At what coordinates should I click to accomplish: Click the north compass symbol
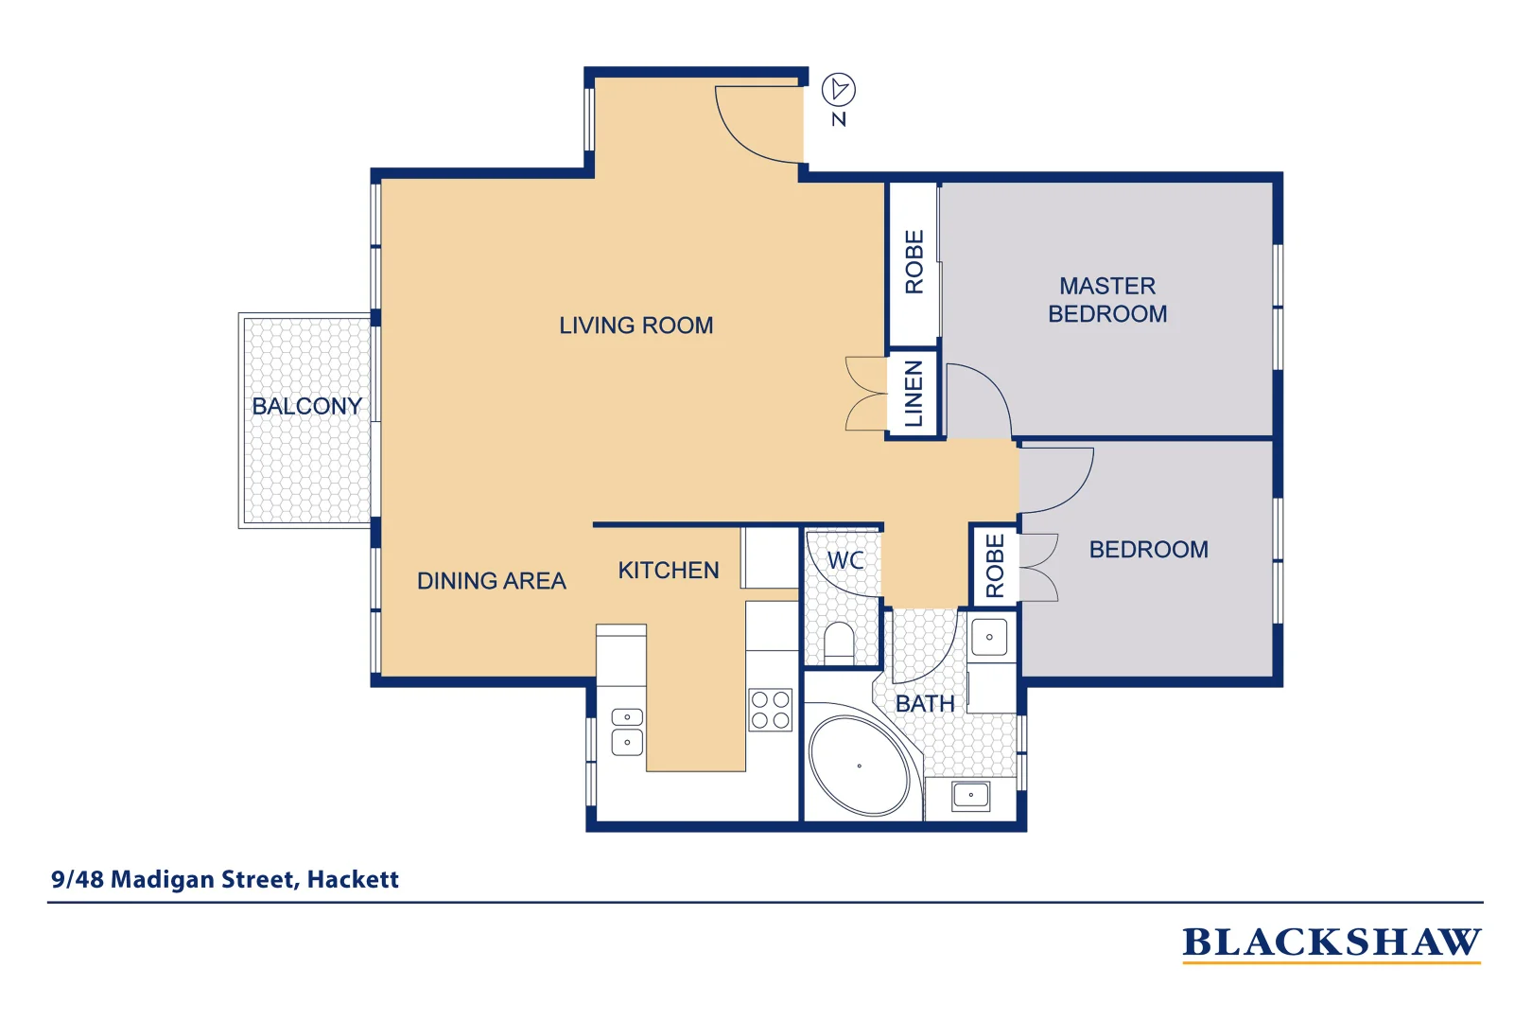pyautogui.click(x=838, y=91)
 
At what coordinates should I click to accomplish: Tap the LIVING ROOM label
pyautogui.click(x=635, y=326)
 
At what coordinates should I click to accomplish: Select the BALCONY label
pyautogui.click(x=306, y=406)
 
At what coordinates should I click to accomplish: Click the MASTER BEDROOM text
pyautogui.click(x=1107, y=300)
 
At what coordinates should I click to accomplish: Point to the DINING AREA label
pyautogui.click(x=491, y=581)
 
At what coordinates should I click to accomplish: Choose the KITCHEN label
pyautogui.click(x=668, y=571)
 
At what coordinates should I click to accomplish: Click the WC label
pyautogui.click(x=844, y=560)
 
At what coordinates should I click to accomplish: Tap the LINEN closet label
pyautogui.click(x=913, y=394)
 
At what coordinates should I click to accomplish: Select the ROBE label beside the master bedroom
pyautogui.click(x=914, y=262)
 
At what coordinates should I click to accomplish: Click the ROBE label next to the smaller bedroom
pyautogui.click(x=994, y=566)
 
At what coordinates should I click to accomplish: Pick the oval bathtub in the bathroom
pyautogui.click(x=859, y=766)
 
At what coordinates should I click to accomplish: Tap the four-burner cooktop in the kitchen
pyautogui.click(x=770, y=711)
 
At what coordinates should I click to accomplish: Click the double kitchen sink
pyautogui.click(x=627, y=731)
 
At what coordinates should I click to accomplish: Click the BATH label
pyautogui.click(x=924, y=704)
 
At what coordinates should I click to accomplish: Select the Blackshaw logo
pyautogui.click(x=1331, y=943)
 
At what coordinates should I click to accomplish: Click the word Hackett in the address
pyautogui.click(x=353, y=880)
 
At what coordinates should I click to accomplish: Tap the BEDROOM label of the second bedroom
pyautogui.click(x=1148, y=550)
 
